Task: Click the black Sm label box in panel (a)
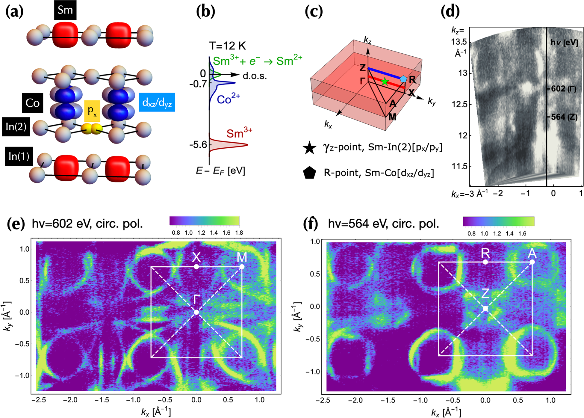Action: [65, 10]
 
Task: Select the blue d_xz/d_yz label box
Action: [157, 102]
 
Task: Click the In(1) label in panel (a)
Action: [19, 156]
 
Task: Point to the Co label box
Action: [32, 103]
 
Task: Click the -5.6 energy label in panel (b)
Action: [198, 145]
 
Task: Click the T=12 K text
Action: [227, 46]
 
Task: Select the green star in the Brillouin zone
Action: [385, 82]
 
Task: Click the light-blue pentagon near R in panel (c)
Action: [403, 79]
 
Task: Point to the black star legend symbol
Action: [309, 148]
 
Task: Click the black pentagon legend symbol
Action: [309, 173]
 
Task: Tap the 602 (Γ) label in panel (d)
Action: [564, 89]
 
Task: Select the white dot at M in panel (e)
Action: [242, 267]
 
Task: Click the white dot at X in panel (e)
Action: [196, 267]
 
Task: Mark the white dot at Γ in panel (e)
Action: [196, 312]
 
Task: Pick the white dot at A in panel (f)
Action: [532, 262]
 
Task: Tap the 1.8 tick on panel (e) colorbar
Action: [239, 233]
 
